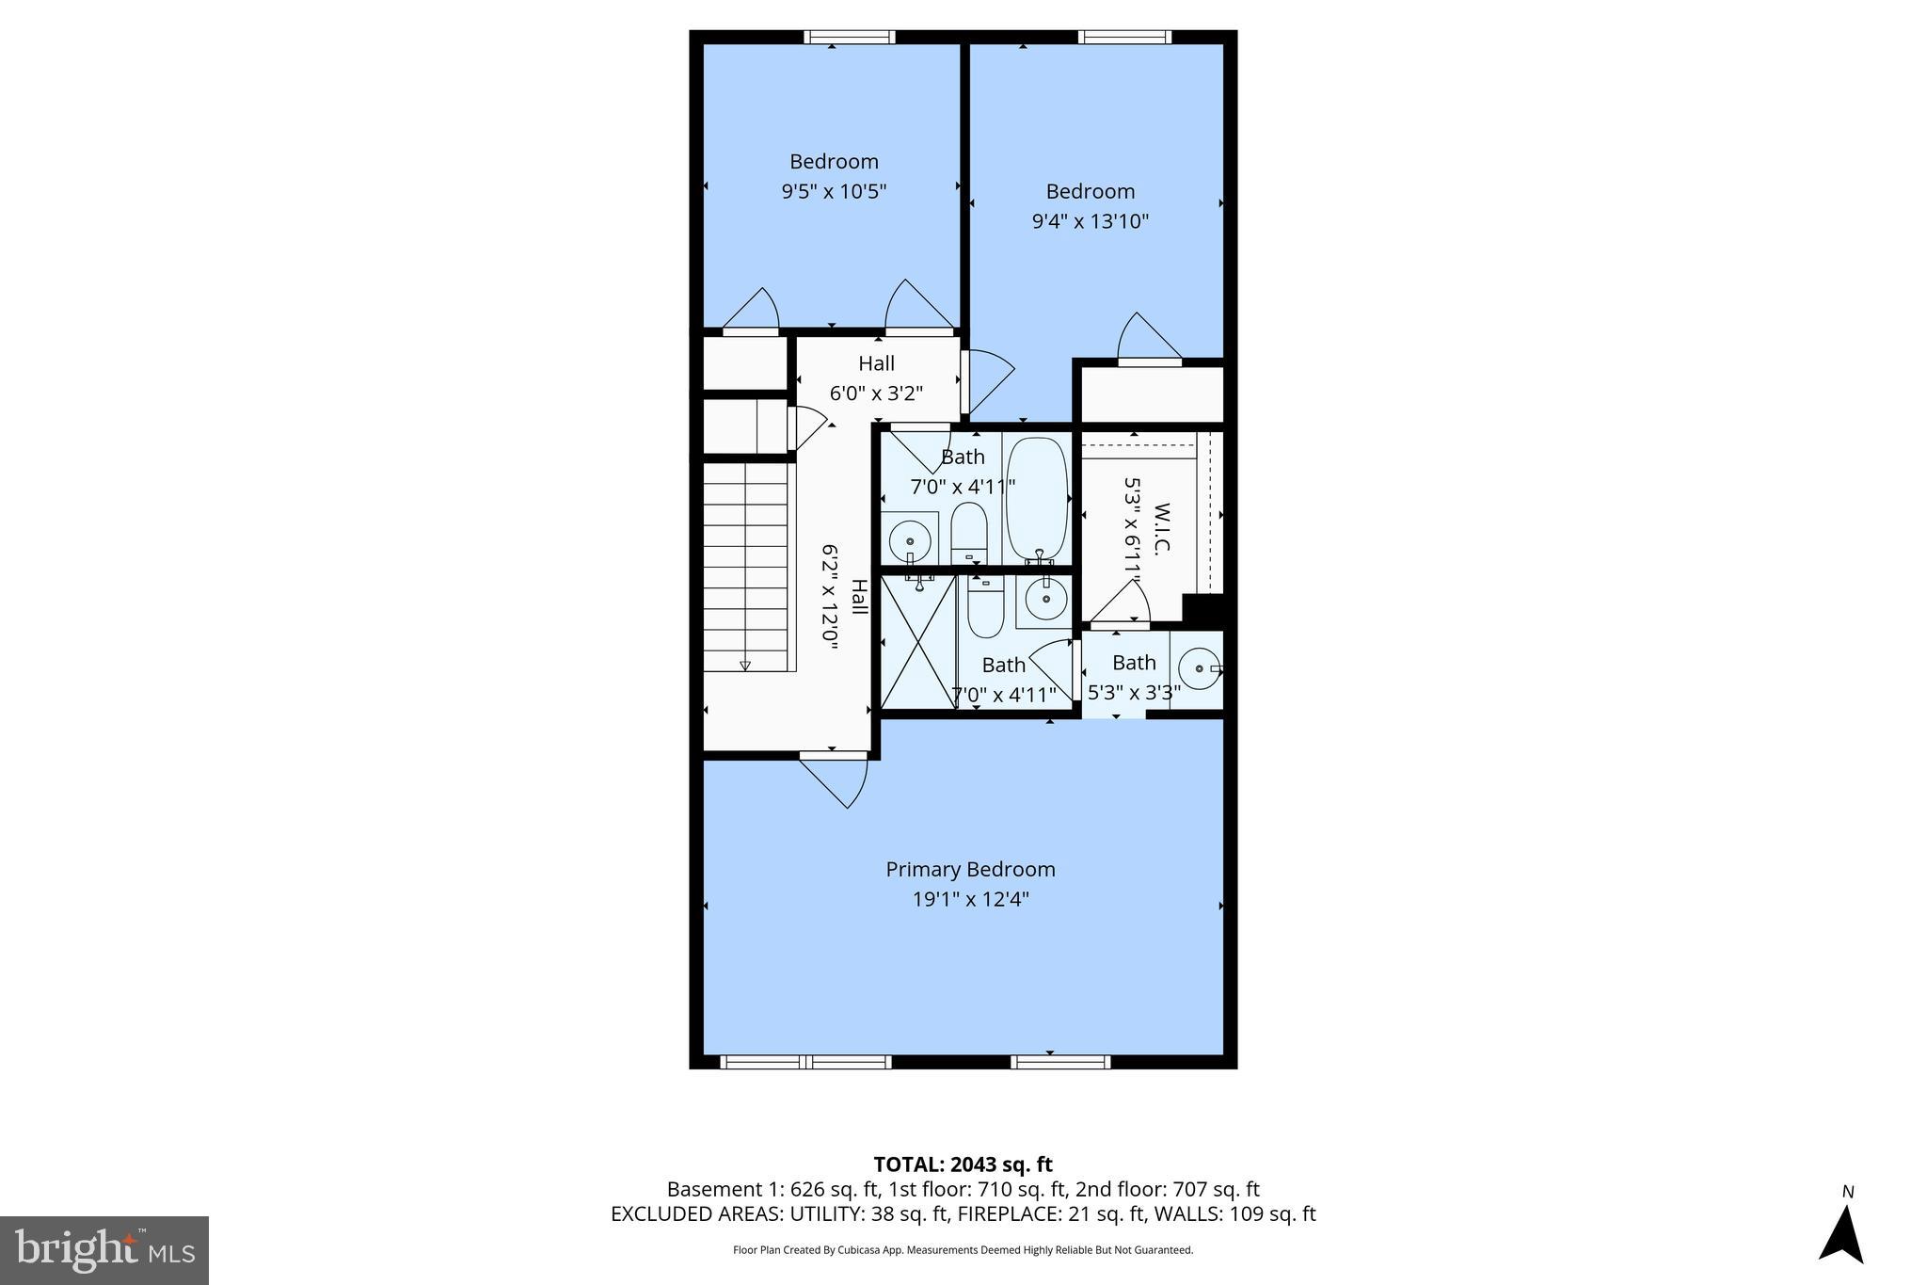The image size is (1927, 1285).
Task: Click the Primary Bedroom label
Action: pyautogui.click(x=970, y=869)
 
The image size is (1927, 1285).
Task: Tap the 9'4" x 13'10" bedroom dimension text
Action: pyautogui.click(x=1090, y=221)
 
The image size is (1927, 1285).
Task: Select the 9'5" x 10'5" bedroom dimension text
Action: pyautogui.click(x=834, y=191)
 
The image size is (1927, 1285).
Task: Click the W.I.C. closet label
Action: pyautogui.click(x=1161, y=528)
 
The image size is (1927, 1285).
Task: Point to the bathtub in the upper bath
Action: pyautogui.click(x=1037, y=499)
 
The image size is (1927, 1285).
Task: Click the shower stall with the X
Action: pyautogui.click(x=917, y=642)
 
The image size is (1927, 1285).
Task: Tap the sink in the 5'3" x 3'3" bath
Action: pyautogui.click(x=1199, y=668)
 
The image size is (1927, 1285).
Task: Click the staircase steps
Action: pyautogui.click(x=745, y=565)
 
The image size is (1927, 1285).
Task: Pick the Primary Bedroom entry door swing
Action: pyautogui.click(x=837, y=779)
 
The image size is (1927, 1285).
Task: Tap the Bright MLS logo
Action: pyautogui.click(x=104, y=1250)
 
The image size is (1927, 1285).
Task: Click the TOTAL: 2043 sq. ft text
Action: pyautogui.click(x=963, y=1165)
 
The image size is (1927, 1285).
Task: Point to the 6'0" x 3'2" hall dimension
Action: pyautogui.click(x=875, y=393)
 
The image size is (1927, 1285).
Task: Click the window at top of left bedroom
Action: pyautogui.click(x=849, y=38)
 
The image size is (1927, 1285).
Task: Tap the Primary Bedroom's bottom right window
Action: pyautogui.click(x=1060, y=1062)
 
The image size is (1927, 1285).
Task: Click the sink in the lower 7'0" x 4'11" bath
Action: pyautogui.click(x=1044, y=597)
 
